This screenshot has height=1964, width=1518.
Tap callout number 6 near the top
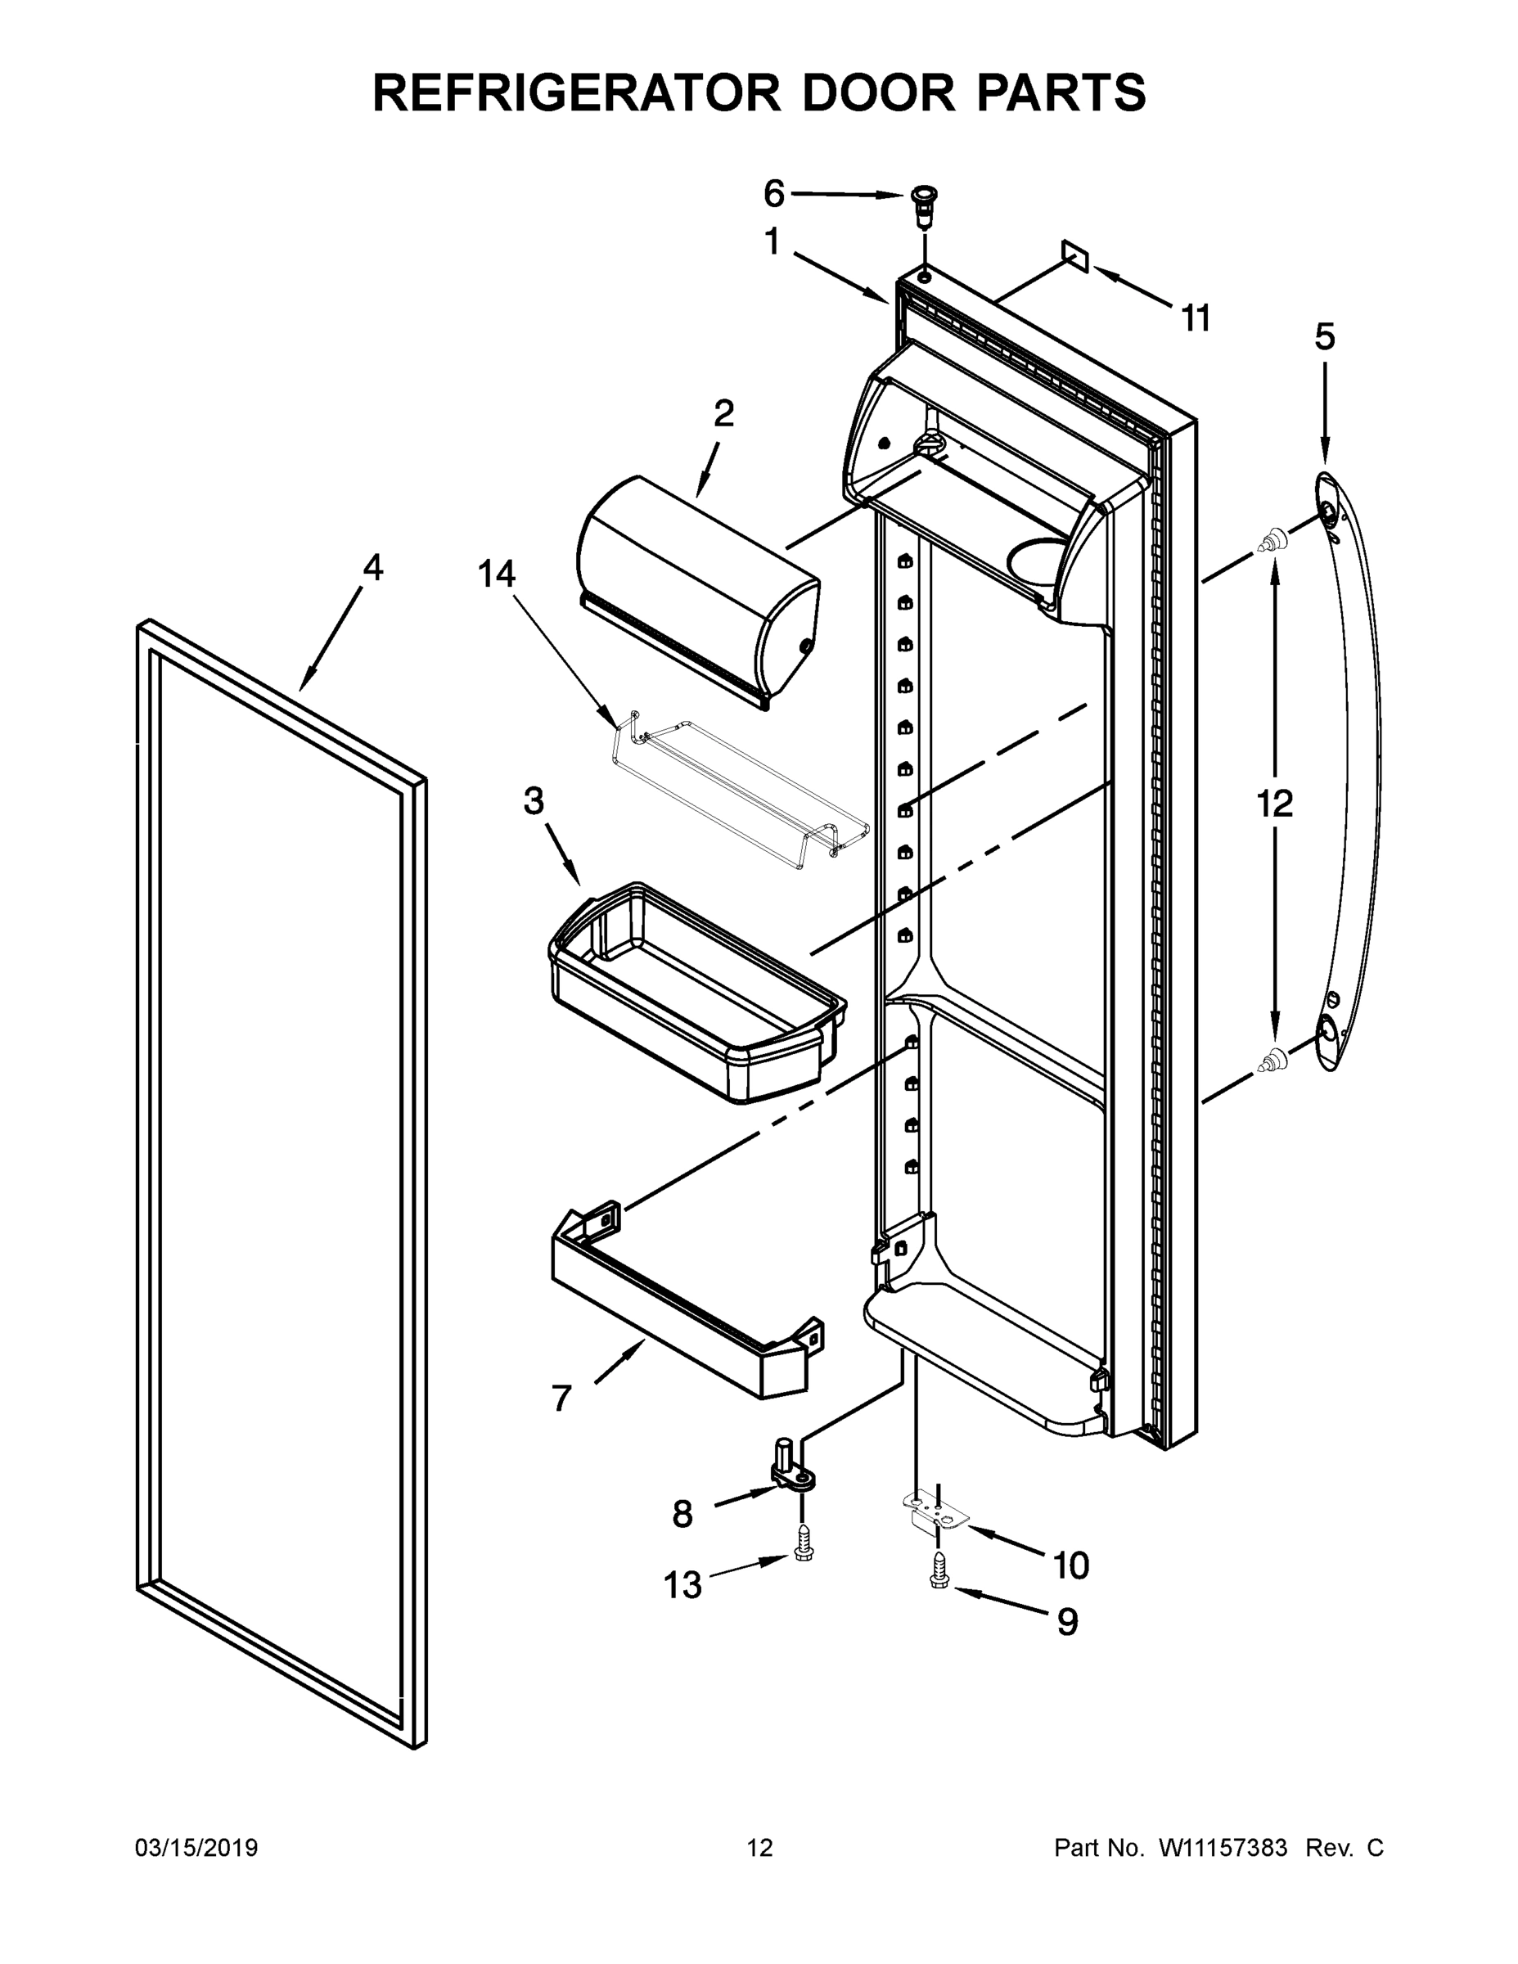pos(773,193)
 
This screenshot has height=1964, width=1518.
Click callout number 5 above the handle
pos(1325,336)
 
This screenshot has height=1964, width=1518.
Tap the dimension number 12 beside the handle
pos(1274,803)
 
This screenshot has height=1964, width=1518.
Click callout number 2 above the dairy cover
pos(723,412)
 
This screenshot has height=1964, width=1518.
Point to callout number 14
pos(497,573)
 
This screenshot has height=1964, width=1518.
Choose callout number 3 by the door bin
pos(534,800)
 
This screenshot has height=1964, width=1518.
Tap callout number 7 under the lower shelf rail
pos(561,1398)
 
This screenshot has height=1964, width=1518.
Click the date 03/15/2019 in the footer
pos(196,1847)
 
